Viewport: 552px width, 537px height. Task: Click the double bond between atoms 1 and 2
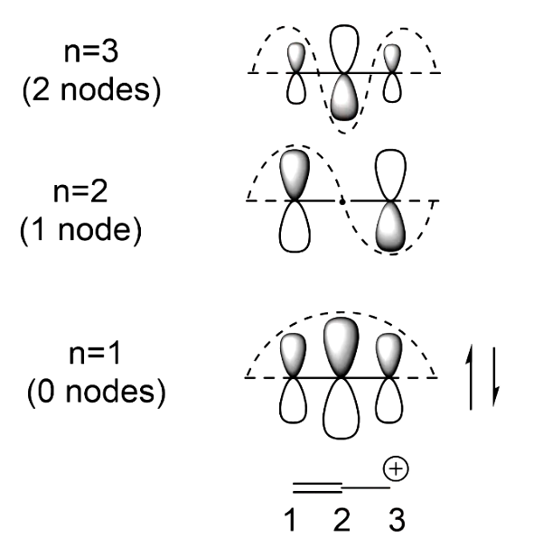(317, 487)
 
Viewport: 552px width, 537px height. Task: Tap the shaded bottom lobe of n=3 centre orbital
(343, 97)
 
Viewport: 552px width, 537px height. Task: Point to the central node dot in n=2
(341, 200)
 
